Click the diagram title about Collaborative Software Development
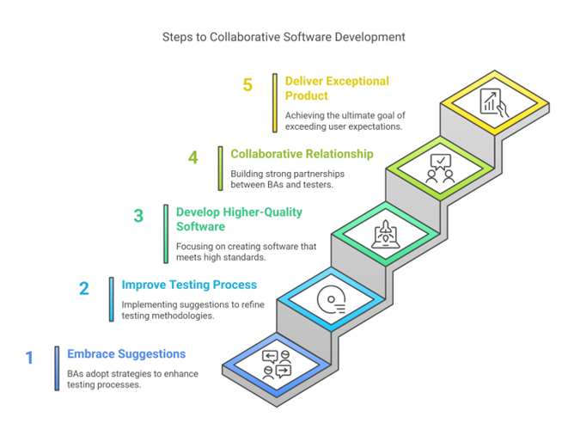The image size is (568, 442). point(284,38)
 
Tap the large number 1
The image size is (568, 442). point(30,357)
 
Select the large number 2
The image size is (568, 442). point(84,288)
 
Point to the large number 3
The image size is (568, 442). point(138,216)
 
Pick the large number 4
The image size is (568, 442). point(193,157)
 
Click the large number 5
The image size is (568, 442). point(247,85)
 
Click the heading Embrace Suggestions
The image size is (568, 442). point(125,353)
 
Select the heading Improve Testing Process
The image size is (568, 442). point(189,285)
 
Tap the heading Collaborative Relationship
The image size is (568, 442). point(302,154)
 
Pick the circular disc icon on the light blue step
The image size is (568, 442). point(331,299)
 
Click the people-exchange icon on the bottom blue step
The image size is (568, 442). point(276,365)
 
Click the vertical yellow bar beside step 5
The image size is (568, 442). point(275,102)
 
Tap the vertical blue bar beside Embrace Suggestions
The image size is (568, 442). point(57,368)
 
